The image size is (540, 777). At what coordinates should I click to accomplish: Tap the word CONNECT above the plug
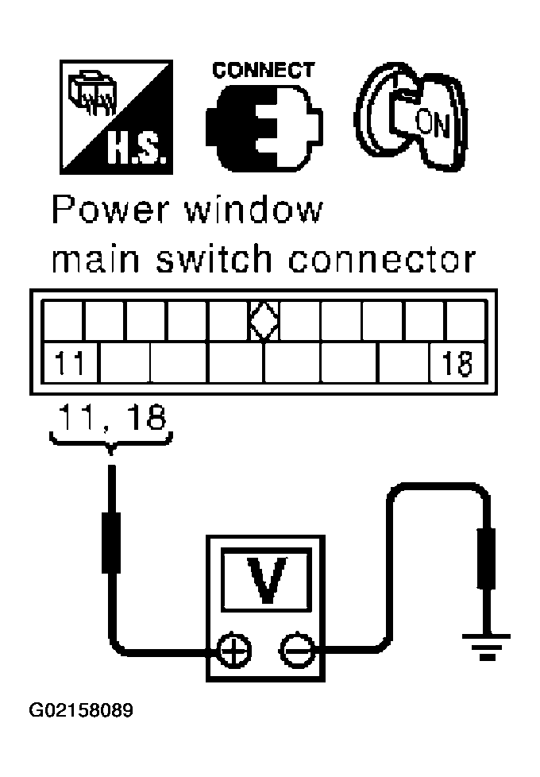click(x=262, y=70)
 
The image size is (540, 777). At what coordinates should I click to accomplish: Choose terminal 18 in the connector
click(x=456, y=365)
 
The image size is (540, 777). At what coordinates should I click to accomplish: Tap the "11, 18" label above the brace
click(x=111, y=417)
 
